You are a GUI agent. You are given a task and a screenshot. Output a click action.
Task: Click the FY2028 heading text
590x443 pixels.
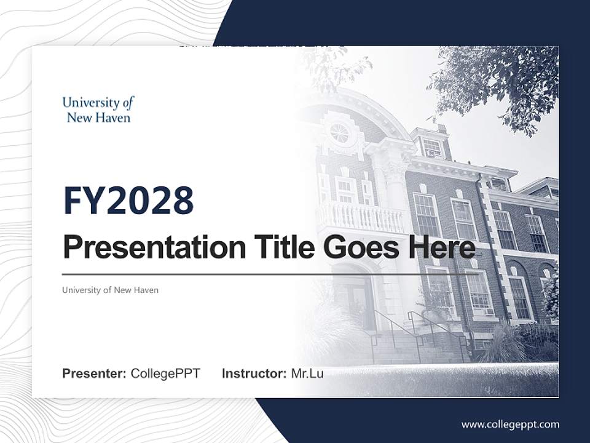point(128,201)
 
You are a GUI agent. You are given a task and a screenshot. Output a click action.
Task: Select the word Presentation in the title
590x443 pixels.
point(145,247)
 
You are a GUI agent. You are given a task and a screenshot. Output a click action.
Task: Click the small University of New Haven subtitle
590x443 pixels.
point(110,290)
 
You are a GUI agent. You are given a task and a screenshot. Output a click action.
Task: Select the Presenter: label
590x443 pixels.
point(95,373)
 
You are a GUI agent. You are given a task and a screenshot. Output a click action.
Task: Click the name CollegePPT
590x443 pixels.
point(165,373)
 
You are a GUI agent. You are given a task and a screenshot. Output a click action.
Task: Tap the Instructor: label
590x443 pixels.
point(254,373)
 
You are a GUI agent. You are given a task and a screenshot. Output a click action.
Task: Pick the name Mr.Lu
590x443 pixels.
point(307,373)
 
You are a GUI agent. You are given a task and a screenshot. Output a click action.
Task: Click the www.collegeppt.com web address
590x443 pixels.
point(510,424)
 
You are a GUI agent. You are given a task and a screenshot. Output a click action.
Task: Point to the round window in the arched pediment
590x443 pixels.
point(339,132)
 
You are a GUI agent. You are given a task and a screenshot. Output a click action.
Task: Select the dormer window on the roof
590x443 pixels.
point(432,146)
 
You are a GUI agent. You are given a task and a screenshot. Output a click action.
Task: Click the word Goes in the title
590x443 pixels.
point(359,247)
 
